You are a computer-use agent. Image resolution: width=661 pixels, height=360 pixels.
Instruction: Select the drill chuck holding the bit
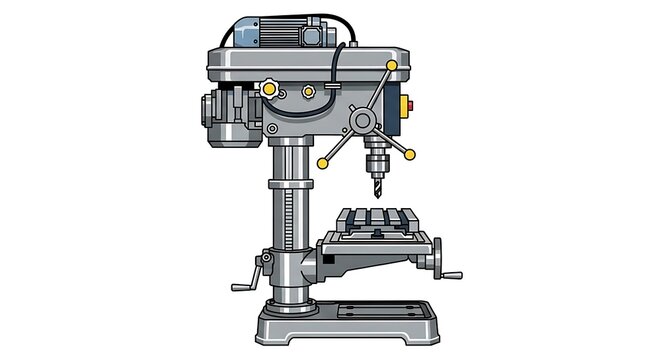pos(377,159)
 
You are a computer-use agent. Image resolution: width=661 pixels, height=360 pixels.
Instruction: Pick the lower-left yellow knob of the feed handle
pos(323,163)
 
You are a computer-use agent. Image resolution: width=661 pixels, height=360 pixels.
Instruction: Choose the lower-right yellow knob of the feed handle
pos(408,153)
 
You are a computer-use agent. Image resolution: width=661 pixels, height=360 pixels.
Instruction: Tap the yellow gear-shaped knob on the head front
pos(270,90)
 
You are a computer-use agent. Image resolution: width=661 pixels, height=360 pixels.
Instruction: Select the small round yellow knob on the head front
pos(308,92)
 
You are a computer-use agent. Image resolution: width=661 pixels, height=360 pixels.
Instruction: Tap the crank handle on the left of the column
pos(250,275)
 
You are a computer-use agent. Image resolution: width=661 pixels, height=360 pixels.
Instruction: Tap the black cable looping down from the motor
pos(338,60)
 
